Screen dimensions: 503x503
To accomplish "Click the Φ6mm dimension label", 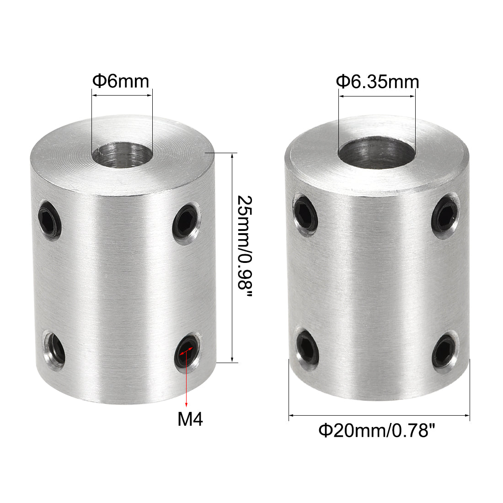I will point(121,81).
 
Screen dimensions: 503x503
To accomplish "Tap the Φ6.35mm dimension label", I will point(378,82).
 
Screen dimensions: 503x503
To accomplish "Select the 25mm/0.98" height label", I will point(245,246).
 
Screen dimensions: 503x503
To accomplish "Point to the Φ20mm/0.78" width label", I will point(376,431).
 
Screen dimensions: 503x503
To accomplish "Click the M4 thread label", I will point(190,419).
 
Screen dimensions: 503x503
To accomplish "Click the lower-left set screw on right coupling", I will point(307,347).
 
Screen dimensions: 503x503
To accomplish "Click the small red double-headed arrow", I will point(186,351).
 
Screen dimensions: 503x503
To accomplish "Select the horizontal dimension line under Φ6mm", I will point(122,95).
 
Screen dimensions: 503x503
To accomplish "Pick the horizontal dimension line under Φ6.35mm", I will point(377,96).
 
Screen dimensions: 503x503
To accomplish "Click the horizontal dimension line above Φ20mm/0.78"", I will point(379,415).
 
